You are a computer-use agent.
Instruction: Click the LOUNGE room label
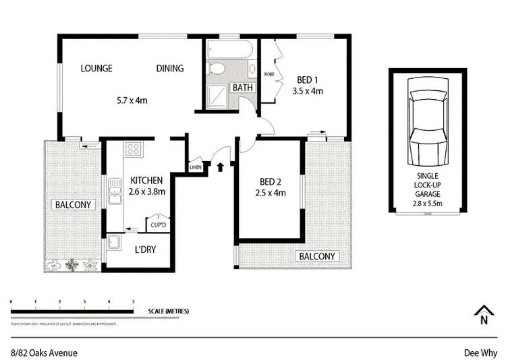pos(96,68)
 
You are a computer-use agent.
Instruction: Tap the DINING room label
pos(170,68)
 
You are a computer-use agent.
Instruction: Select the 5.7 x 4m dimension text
pos(132,100)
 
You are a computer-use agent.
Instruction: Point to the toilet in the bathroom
pos(218,69)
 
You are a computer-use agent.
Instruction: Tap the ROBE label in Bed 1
pos(268,73)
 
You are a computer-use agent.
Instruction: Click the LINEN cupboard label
pos(196,167)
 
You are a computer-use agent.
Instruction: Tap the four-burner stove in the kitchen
pos(133,150)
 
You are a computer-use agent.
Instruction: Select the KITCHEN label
pos(146,180)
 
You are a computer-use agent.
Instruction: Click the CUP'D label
pos(159,224)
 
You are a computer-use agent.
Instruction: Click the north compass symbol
pos(482,315)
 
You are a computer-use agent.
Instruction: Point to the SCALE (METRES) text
pos(169,311)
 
